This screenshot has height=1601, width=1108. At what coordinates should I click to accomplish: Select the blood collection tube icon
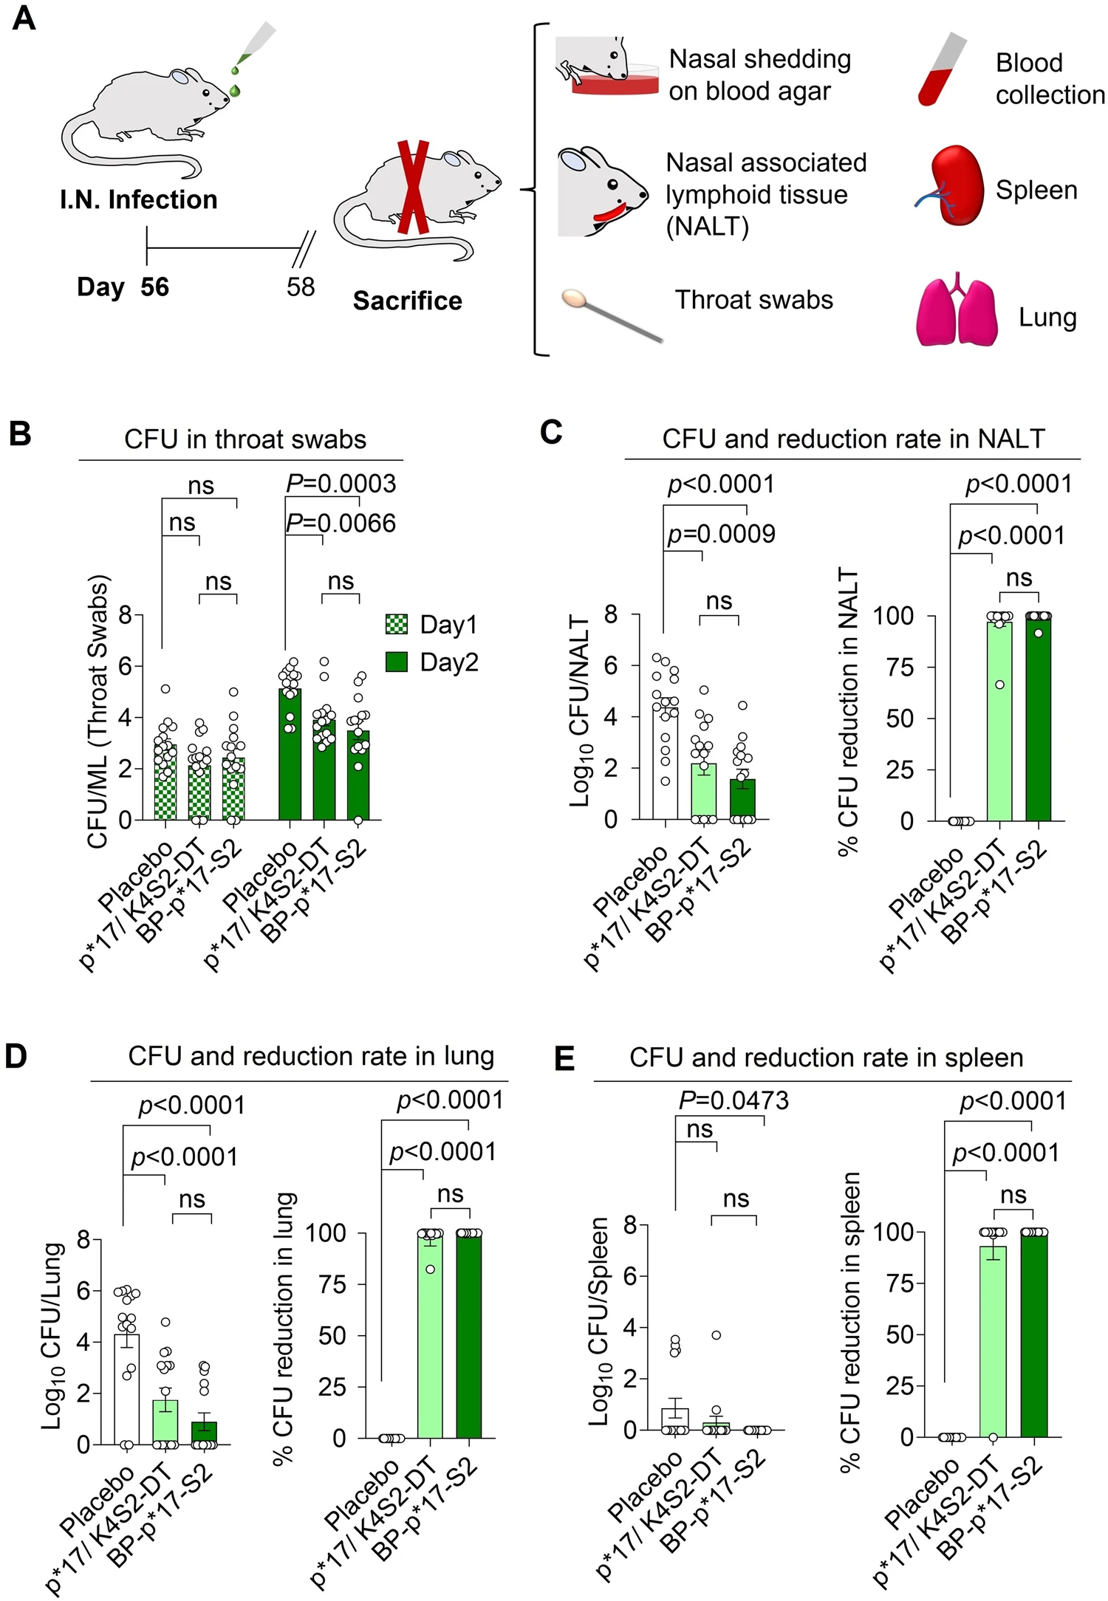(942, 70)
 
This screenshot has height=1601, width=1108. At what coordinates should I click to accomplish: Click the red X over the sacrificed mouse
(412, 188)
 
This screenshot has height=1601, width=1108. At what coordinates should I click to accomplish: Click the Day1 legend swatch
(397, 624)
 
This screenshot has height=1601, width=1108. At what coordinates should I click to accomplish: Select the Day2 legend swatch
(397, 662)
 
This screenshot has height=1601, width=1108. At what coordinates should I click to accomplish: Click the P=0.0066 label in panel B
(341, 524)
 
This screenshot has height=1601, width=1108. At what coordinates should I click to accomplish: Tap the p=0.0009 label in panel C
(721, 534)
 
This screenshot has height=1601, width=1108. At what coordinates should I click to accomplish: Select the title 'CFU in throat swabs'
(244, 439)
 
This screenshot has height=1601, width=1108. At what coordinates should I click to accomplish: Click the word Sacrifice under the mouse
(407, 301)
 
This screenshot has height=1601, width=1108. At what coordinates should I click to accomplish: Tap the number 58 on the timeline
(301, 287)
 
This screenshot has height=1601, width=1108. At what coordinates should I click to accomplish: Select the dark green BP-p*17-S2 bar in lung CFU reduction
(469, 1337)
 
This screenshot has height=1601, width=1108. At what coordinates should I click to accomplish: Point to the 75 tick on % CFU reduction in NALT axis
(900, 667)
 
